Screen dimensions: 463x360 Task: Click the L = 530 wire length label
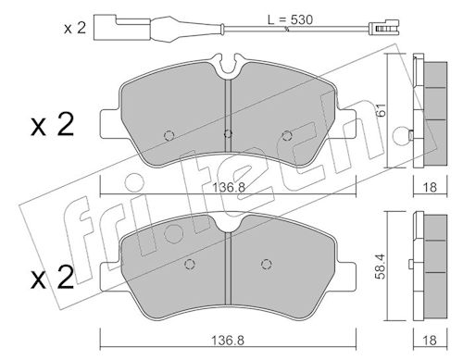tap(290, 19)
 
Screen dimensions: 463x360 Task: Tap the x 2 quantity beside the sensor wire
tap(75, 28)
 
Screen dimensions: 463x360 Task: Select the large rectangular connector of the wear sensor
tap(122, 28)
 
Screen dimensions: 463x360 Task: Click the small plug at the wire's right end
tap(384, 28)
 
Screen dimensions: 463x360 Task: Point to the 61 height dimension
tap(382, 110)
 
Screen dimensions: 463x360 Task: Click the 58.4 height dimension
tap(381, 267)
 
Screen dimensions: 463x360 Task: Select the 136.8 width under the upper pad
tap(229, 187)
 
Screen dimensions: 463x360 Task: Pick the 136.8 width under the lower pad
tap(228, 341)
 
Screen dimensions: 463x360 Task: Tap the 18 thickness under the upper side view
tap(430, 187)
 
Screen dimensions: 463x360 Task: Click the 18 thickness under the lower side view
tap(430, 341)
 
